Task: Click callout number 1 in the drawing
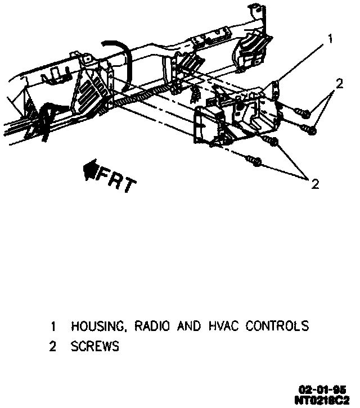[330, 39]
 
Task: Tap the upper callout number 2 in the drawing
[339, 84]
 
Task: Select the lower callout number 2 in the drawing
[315, 183]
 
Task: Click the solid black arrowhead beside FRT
[90, 170]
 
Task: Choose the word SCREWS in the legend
[94, 347]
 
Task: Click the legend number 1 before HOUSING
[53, 326]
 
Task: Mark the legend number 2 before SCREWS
[53, 347]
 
